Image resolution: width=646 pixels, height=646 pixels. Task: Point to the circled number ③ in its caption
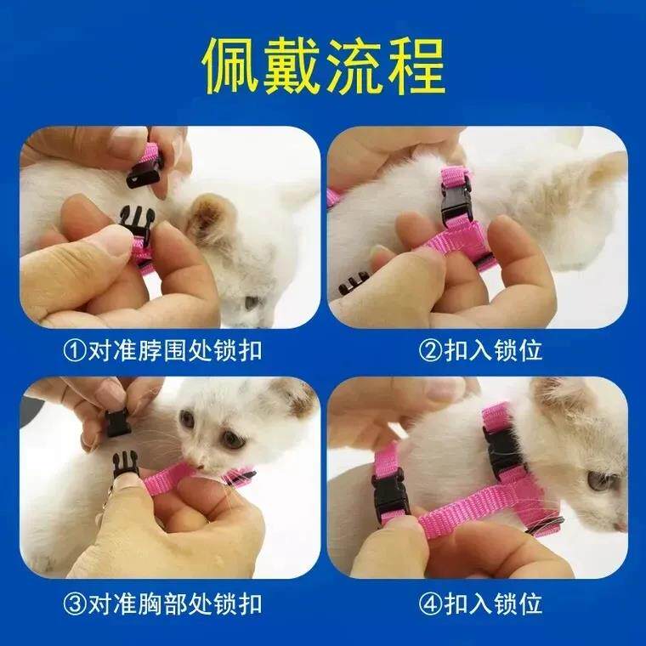[x=77, y=604]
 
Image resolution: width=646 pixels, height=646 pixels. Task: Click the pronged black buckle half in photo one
[x=137, y=225]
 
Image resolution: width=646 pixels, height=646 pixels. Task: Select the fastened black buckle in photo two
[x=455, y=201]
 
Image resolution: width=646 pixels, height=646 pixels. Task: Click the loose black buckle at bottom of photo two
[x=354, y=282]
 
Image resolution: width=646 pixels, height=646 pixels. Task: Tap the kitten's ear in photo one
[x=209, y=218]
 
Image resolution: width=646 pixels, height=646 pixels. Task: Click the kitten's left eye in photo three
[x=187, y=419]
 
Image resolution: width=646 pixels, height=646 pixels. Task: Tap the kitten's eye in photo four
[x=600, y=481]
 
